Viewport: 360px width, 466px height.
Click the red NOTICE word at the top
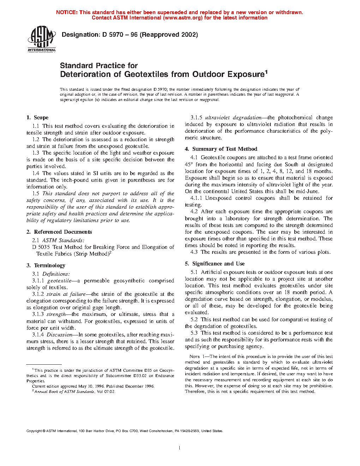click(x=67, y=12)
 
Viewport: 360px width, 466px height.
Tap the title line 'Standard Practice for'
click(x=99, y=66)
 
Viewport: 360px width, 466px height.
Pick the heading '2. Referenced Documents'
click(x=59, y=232)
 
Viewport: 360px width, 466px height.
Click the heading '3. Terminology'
click(x=46, y=265)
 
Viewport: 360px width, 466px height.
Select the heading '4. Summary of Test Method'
click(x=221, y=149)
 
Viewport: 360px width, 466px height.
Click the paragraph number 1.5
click(x=36, y=193)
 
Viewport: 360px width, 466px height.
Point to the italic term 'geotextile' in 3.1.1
click(x=59, y=281)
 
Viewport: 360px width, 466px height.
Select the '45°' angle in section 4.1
click(x=188, y=165)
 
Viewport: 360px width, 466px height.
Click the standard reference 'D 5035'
click(x=41, y=247)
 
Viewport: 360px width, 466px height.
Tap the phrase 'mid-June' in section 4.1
click(x=307, y=191)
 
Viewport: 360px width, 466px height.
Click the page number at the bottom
click(x=180, y=448)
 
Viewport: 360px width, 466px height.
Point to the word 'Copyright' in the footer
click(x=34, y=431)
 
